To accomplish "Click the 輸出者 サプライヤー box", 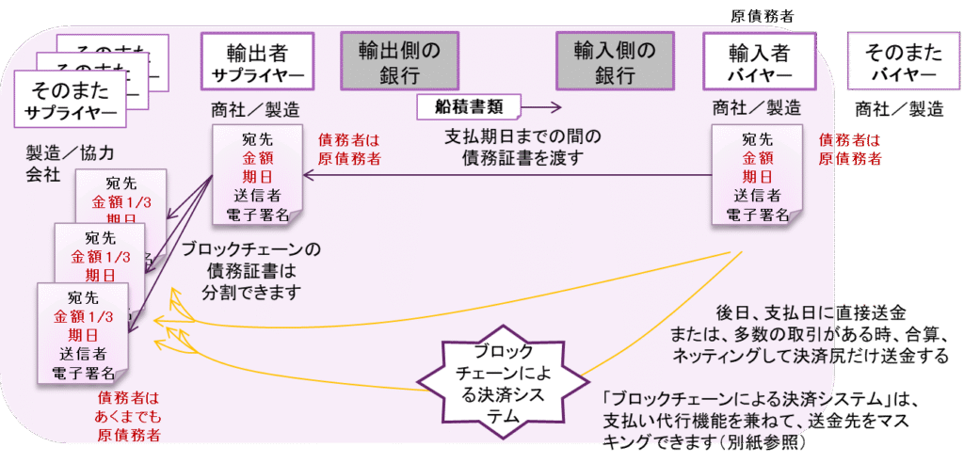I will pyautogui.click(x=256, y=62).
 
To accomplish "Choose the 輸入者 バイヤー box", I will pyautogui.click(x=759, y=62).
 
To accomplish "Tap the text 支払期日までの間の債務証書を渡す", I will pyautogui.click(x=522, y=149).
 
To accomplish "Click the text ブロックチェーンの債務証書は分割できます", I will pyautogui.click(x=251, y=270).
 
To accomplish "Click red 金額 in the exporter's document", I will pyautogui.click(x=257, y=158).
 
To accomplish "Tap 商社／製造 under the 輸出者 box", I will pyautogui.click(x=257, y=107).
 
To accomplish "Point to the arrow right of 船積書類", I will pyautogui.click(x=541, y=107).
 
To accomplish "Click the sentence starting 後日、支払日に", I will pyautogui.click(x=810, y=312).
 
